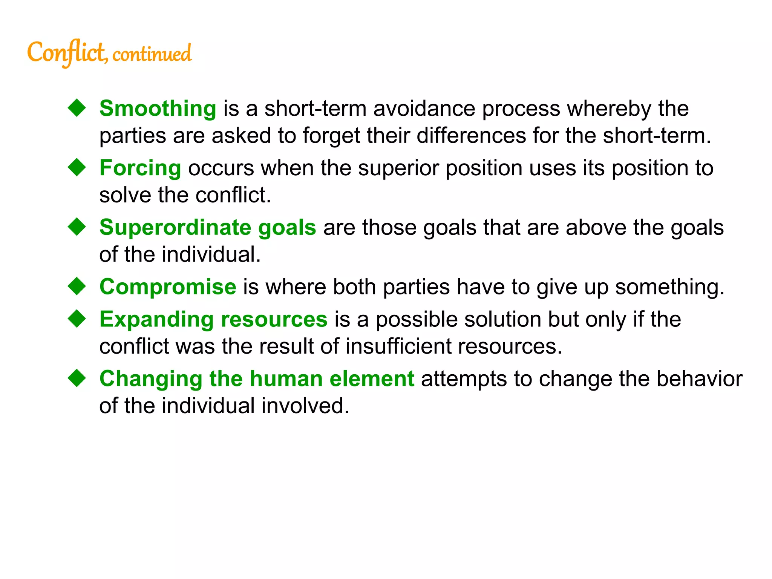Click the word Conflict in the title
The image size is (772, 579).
point(67,53)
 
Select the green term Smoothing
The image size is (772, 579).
point(158,109)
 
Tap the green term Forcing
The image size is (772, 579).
point(140,168)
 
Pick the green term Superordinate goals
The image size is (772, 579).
point(208,228)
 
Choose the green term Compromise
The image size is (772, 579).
point(168,287)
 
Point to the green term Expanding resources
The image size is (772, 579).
point(213,320)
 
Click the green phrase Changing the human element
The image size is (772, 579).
point(257,379)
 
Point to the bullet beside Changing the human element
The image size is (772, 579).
point(77,378)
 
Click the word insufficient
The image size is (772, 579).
point(398,346)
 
